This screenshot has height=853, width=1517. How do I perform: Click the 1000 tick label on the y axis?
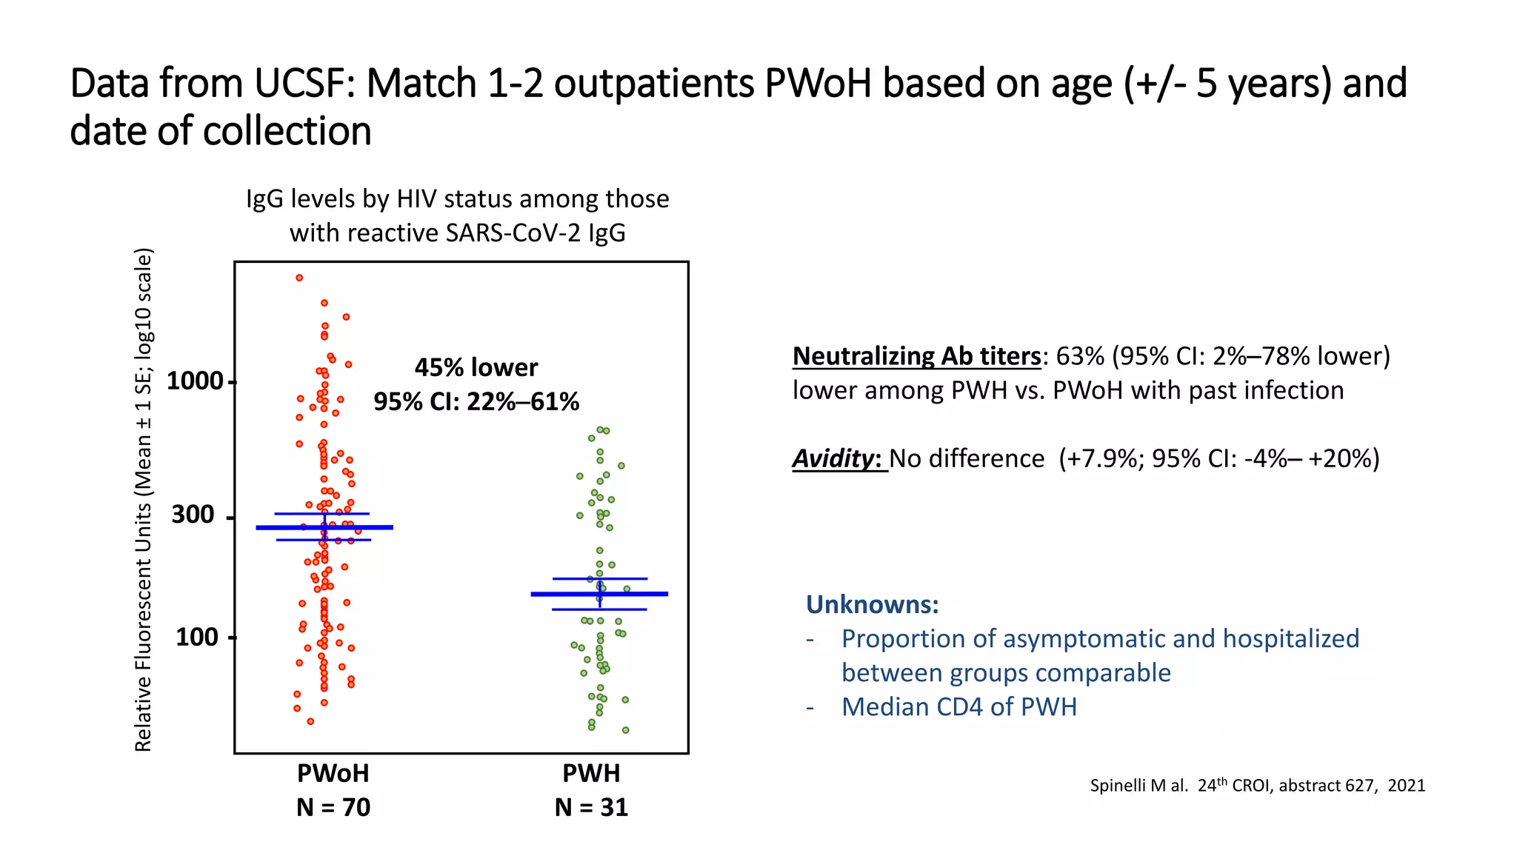195,381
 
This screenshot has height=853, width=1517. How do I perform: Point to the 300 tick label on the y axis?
193,515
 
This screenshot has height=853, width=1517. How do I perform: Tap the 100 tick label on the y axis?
196,637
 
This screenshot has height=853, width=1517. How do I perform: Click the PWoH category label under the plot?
333,773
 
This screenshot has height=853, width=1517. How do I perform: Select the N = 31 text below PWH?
591,807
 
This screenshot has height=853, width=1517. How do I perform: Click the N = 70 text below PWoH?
333,807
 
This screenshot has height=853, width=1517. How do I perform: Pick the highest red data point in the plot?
299,278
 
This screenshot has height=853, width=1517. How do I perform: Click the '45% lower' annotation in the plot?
476,367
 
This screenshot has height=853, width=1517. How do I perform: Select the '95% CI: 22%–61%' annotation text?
476,401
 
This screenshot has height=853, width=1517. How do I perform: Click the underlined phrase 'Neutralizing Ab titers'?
916,356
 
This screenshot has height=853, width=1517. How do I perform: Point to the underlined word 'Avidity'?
834,458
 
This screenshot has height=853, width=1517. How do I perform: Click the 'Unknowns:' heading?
872,604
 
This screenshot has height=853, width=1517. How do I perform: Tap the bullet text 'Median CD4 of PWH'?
958,706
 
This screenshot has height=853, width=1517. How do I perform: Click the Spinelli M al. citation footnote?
1257,785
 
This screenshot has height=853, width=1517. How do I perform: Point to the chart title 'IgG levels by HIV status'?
457,198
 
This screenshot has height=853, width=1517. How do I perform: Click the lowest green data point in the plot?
626,730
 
